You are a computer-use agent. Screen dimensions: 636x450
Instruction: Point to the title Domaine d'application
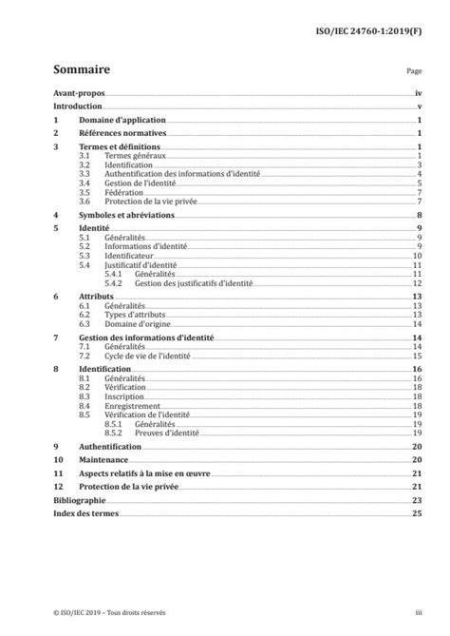(x=122, y=122)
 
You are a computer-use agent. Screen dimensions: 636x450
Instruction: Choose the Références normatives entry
(x=122, y=135)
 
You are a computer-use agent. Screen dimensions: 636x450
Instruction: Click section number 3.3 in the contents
(x=84, y=174)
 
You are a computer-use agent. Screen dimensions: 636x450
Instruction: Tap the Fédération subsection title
(x=123, y=192)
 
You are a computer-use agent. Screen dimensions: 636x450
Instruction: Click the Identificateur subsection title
(x=130, y=256)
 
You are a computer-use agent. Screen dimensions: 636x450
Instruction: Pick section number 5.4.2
(x=116, y=283)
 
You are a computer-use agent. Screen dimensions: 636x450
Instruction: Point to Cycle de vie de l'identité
(x=147, y=356)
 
